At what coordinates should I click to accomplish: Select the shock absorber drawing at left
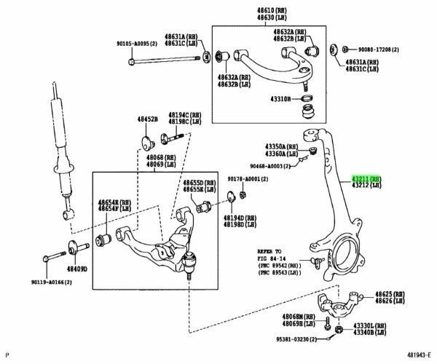tap(63, 154)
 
